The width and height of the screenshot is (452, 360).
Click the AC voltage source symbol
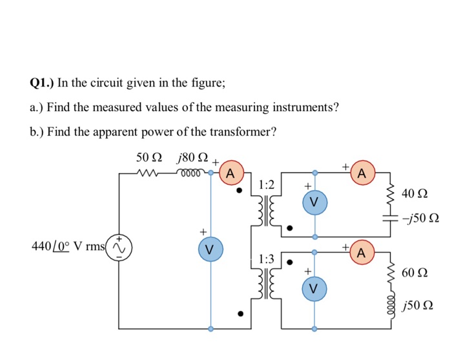click(x=119, y=248)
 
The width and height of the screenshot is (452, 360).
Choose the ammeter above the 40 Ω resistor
click(x=362, y=173)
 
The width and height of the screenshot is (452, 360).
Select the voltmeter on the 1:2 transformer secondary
click(x=314, y=202)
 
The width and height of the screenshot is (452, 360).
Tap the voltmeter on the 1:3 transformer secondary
click(x=314, y=288)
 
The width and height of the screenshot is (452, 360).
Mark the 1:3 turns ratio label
click(x=265, y=259)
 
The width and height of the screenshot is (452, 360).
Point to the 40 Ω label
click(x=414, y=193)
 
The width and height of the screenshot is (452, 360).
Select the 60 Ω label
click(x=414, y=273)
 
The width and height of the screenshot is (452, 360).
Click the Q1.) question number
click(x=43, y=83)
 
